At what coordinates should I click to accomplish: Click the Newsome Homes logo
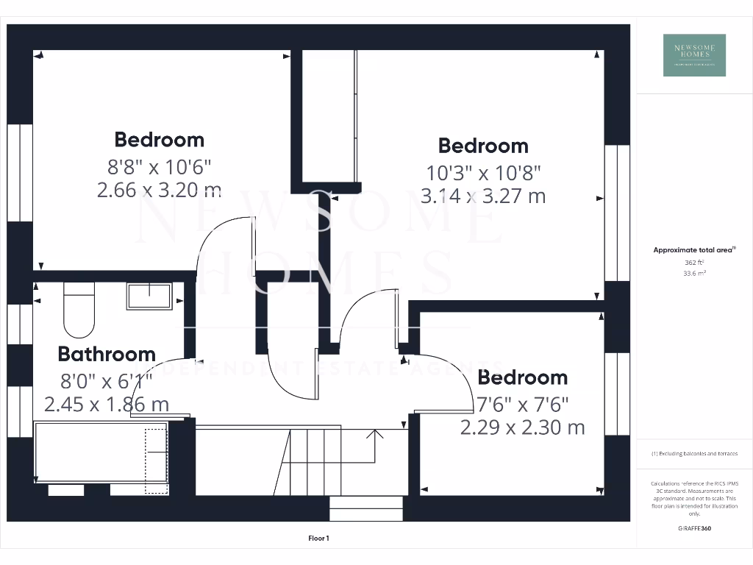[x=694, y=55]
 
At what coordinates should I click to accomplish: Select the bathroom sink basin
[x=149, y=296]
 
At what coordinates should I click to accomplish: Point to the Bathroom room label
[x=107, y=354]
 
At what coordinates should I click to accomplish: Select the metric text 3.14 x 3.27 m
[x=483, y=196]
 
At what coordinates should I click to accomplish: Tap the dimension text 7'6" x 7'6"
[x=522, y=403]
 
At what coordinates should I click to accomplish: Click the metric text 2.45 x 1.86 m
[x=107, y=404]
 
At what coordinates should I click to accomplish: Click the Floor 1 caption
[x=318, y=539]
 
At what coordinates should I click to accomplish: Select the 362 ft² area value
[x=693, y=262]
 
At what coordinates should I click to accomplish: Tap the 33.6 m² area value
[x=693, y=273]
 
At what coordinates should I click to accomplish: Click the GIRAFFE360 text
[x=693, y=528]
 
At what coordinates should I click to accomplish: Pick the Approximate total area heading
[x=693, y=250]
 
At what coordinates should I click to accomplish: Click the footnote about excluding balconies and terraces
[x=693, y=454]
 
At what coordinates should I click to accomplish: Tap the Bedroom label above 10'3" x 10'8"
[x=483, y=146]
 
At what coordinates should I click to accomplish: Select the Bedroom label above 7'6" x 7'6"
[x=522, y=377]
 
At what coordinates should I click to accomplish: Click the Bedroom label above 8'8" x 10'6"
[x=159, y=139]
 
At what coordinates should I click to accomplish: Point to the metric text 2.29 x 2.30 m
[x=522, y=427]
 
